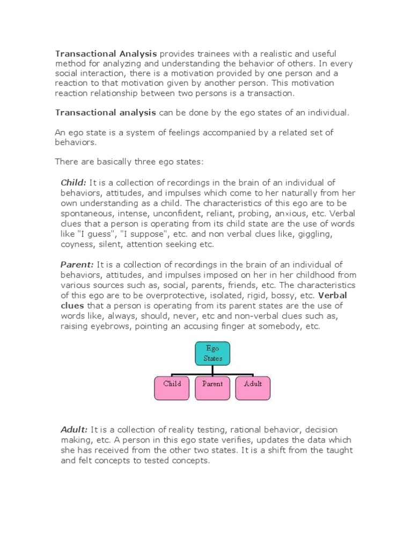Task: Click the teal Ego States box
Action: (x=212, y=353)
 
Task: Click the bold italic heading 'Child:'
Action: (x=73, y=183)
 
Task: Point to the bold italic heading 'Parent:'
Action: (x=77, y=264)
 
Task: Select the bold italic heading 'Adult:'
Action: (x=74, y=430)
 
